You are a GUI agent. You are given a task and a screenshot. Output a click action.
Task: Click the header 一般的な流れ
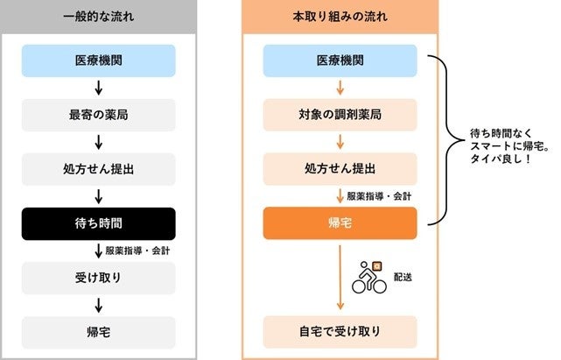(98, 18)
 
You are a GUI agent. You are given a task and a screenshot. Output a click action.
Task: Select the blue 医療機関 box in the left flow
(99, 60)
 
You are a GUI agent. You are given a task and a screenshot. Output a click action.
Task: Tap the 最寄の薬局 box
(99, 115)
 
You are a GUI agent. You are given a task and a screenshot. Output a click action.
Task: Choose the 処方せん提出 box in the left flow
(99, 169)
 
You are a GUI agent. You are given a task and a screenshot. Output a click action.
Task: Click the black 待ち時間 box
(99, 223)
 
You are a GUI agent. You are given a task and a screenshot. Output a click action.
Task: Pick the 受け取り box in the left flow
(99, 278)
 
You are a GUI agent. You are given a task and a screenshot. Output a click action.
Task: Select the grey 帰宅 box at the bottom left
(99, 332)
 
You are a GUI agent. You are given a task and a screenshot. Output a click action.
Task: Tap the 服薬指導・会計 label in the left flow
(137, 251)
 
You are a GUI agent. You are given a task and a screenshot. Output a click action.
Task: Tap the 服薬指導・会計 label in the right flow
(378, 196)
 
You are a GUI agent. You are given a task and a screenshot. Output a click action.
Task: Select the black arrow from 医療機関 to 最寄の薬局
(99, 88)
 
